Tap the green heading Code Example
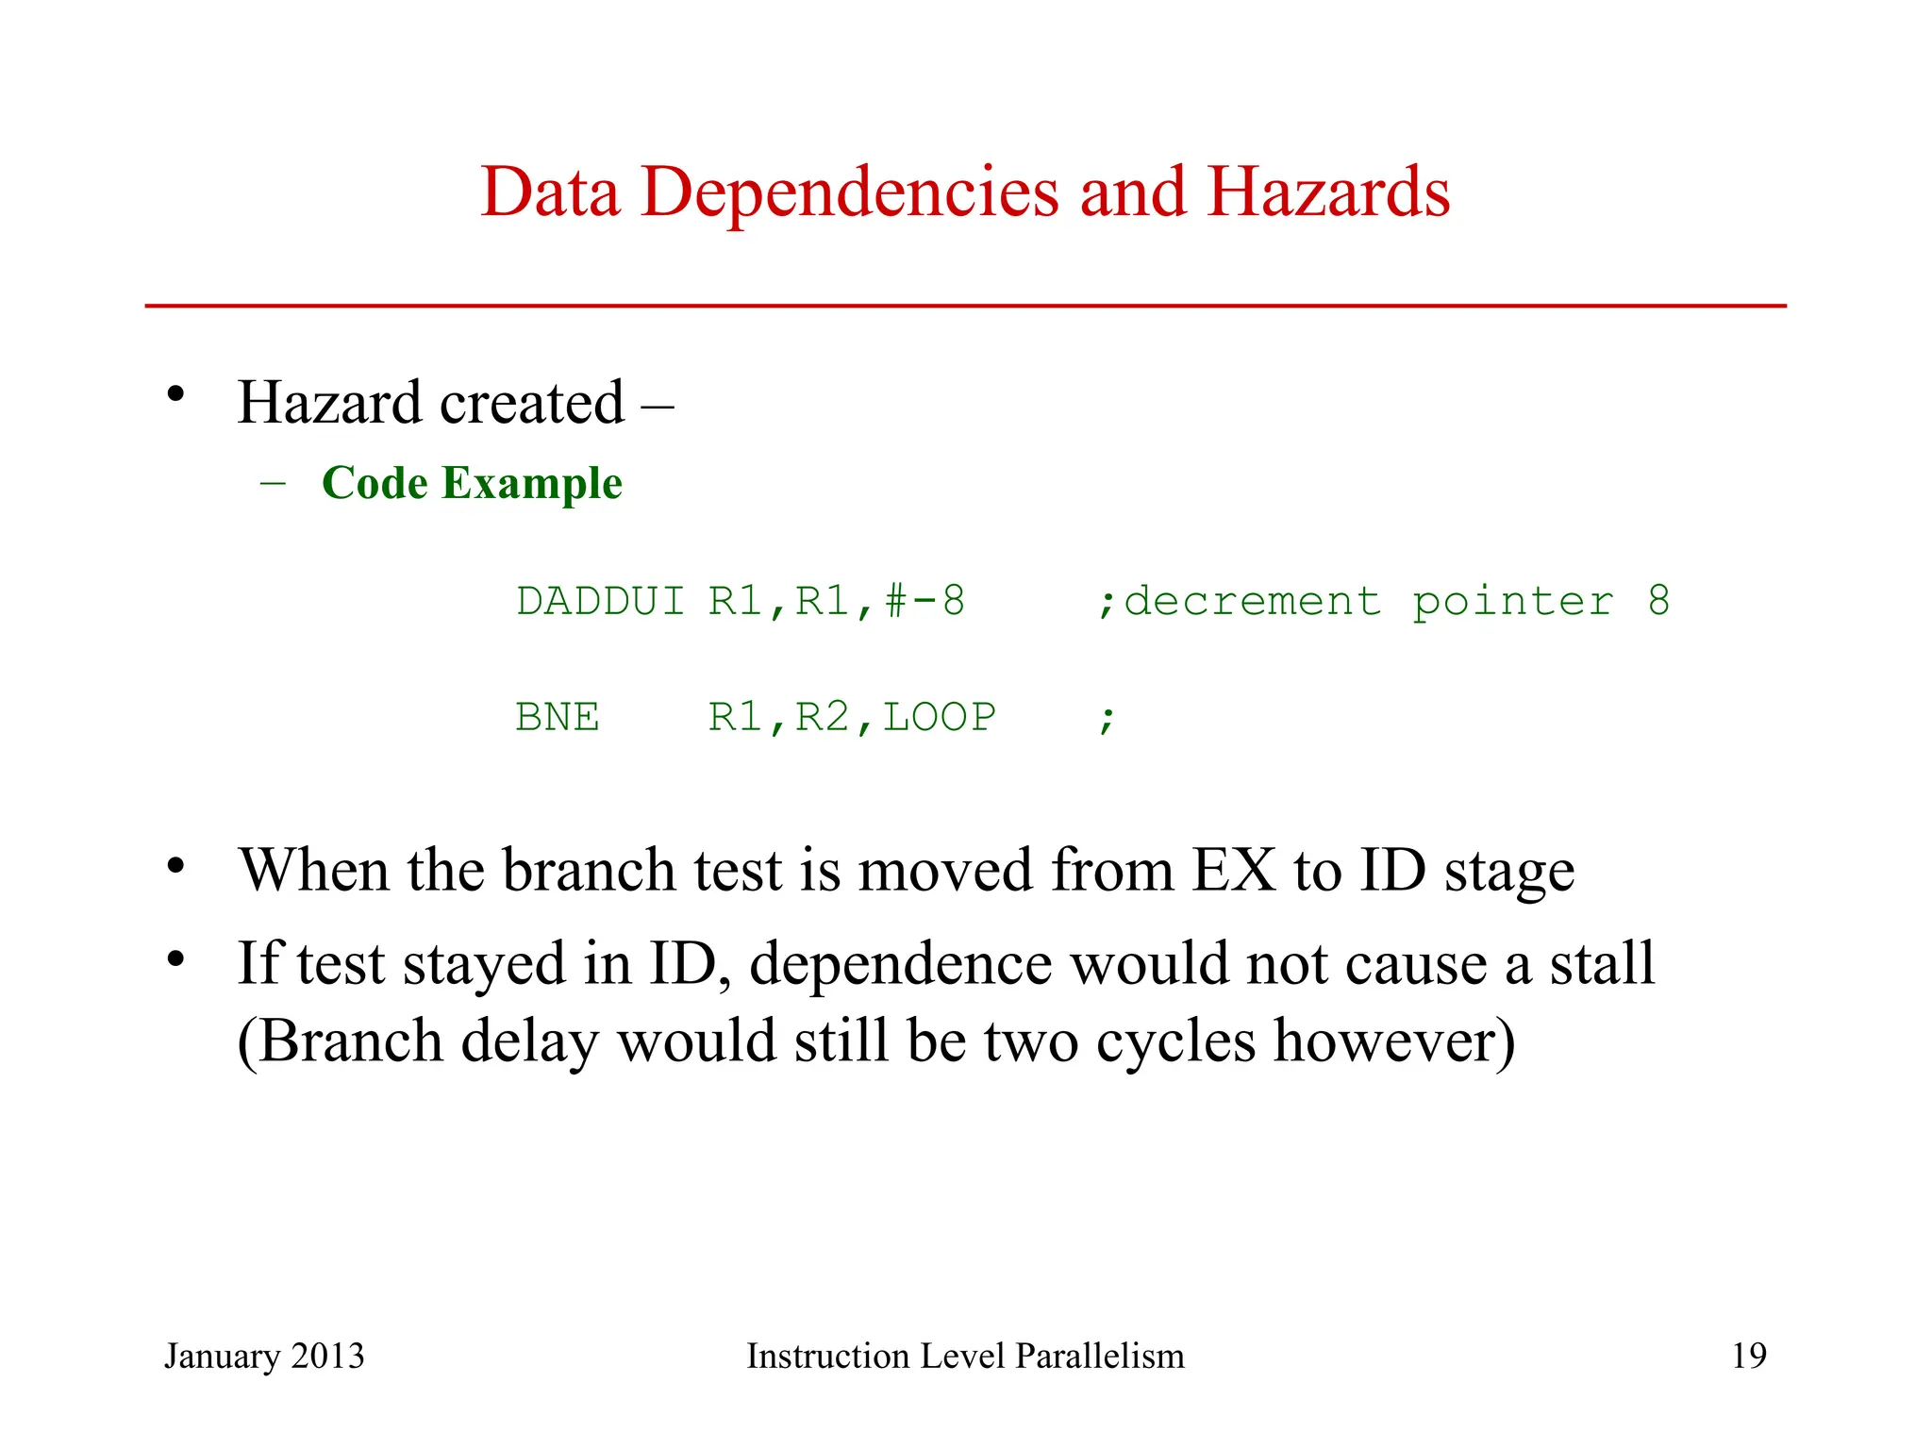pyautogui.click(x=472, y=483)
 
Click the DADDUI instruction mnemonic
pyautogui.click(x=601, y=602)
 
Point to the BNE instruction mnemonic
pyautogui.click(x=558, y=718)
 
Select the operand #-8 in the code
pyautogui.click(x=925, y=602)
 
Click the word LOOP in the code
pyautogui.click(x=940, y=718)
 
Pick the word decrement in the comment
pyautogui.click(x=1253, y=602)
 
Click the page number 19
pyautogui.click(x=1749, y=1356)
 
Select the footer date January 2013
pyautogui.click(x=264, y=1356)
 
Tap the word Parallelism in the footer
pyautogui.click(x=1100, y=1356)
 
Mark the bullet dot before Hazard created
pyautogui.click(x=175, y=395)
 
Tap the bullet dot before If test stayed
pyautogui.click(x=175, y=958)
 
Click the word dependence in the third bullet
pyautogui.click(x=901, y=964)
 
